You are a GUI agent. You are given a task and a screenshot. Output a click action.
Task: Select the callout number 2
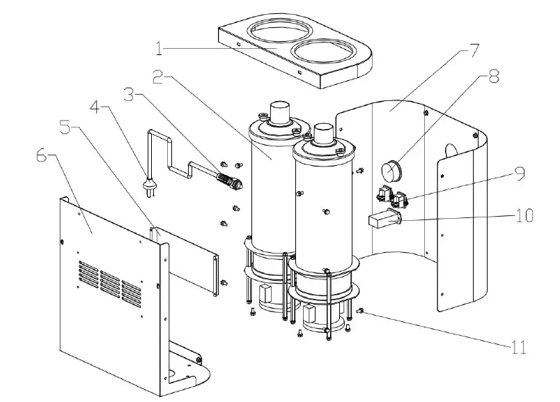pyautogui.click(x=160, y=77)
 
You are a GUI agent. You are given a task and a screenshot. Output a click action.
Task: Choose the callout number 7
pyautogui.click(x=474, y=50)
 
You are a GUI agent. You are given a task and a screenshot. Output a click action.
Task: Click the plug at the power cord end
pyautogui.click(x=148, y=185)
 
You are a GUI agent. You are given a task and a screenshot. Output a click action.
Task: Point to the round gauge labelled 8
pyautogui.click(x=391, y=170)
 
